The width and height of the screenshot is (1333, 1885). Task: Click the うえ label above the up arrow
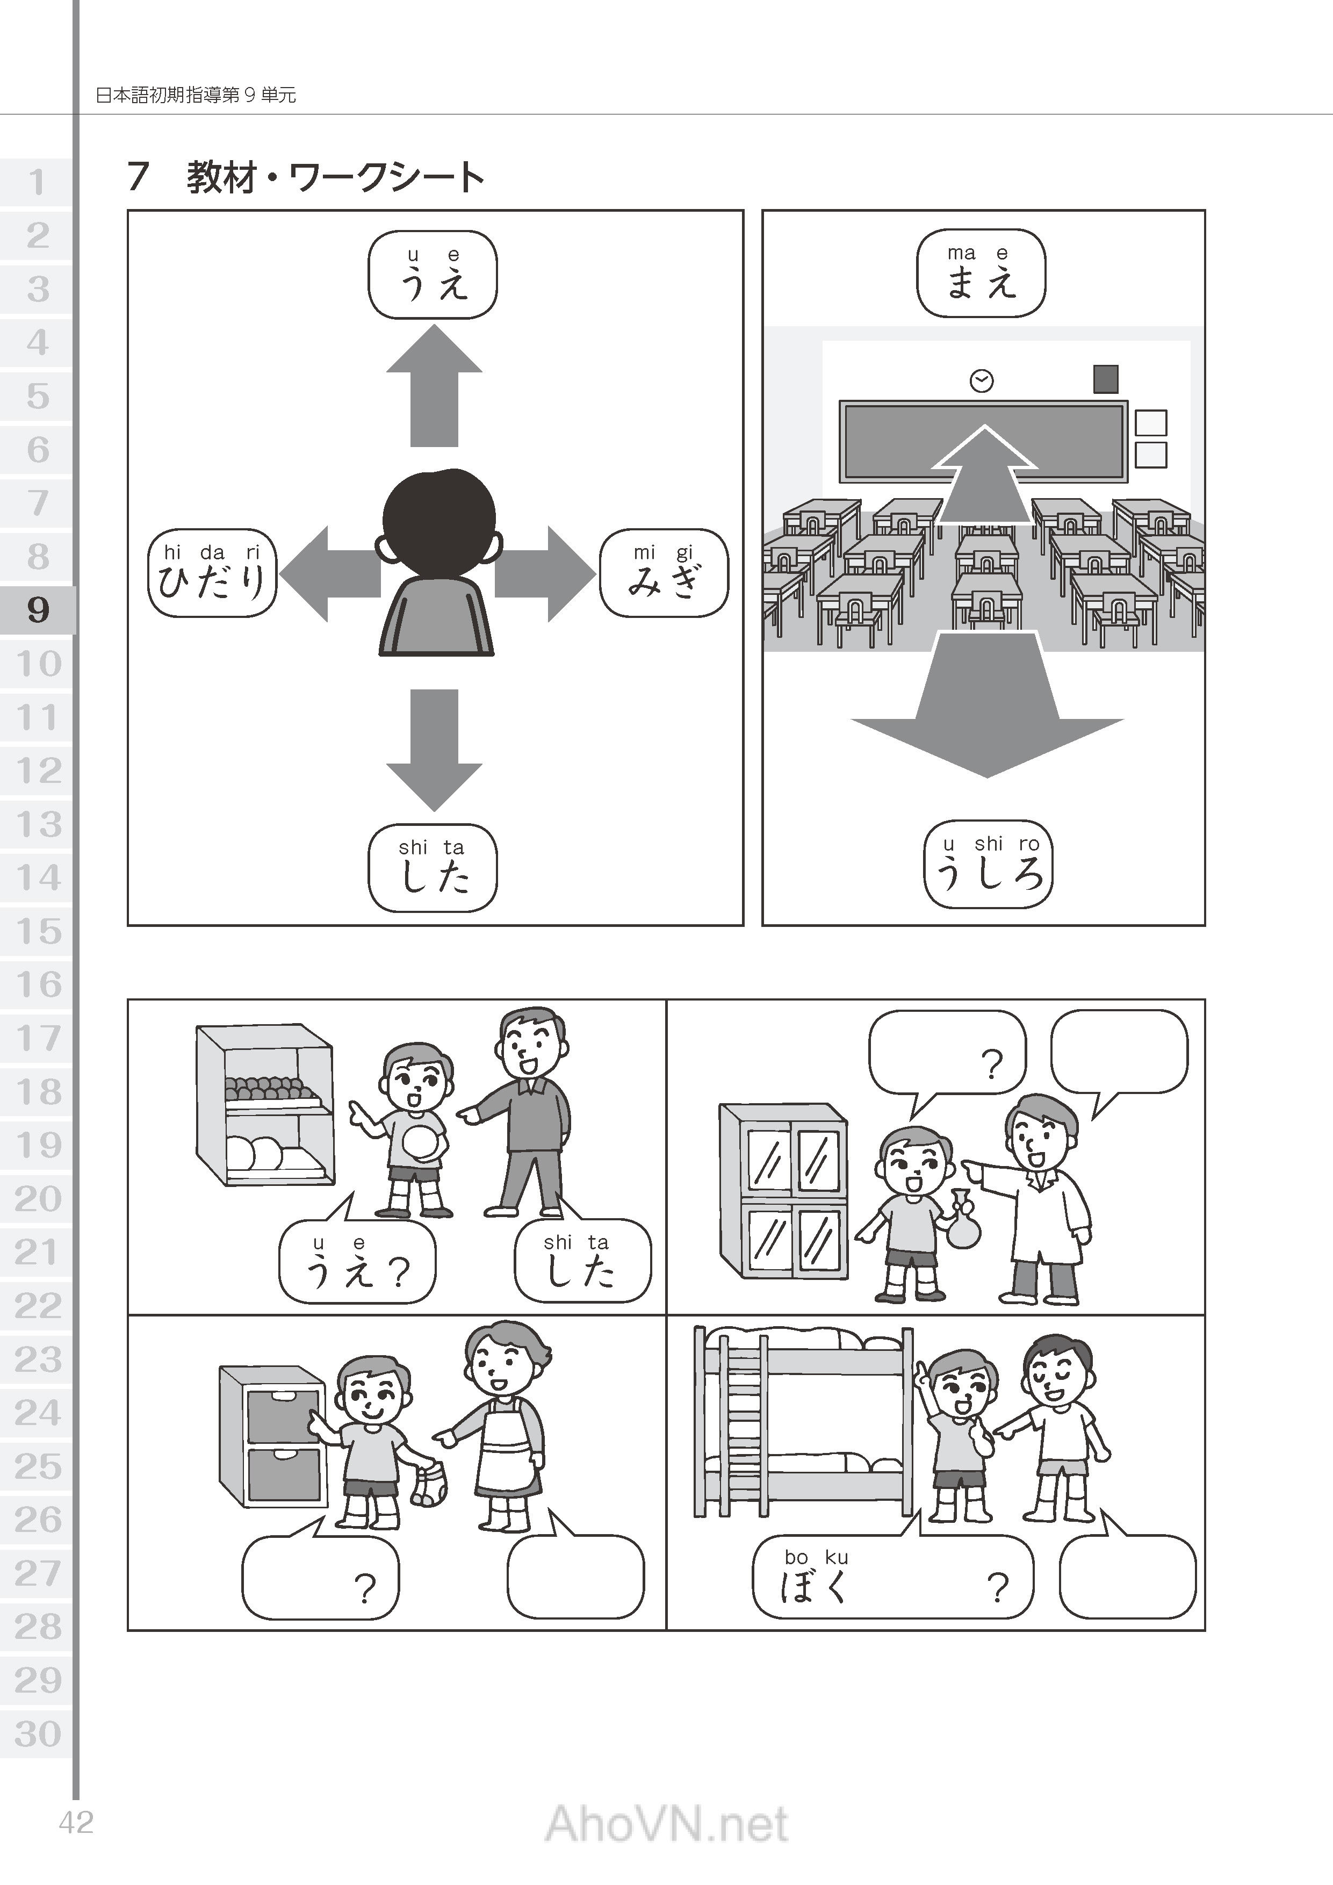433,274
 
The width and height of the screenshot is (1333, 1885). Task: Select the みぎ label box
664,573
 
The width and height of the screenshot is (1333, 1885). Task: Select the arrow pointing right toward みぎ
545,573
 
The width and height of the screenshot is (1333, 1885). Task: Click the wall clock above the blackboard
982,381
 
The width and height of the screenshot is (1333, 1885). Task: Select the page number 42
76,1823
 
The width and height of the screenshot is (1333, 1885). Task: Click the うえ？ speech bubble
357,1262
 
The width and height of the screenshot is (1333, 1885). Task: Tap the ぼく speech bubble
893,1577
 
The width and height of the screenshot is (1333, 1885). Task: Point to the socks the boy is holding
428,1484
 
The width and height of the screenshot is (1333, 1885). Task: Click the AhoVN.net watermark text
666,1824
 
